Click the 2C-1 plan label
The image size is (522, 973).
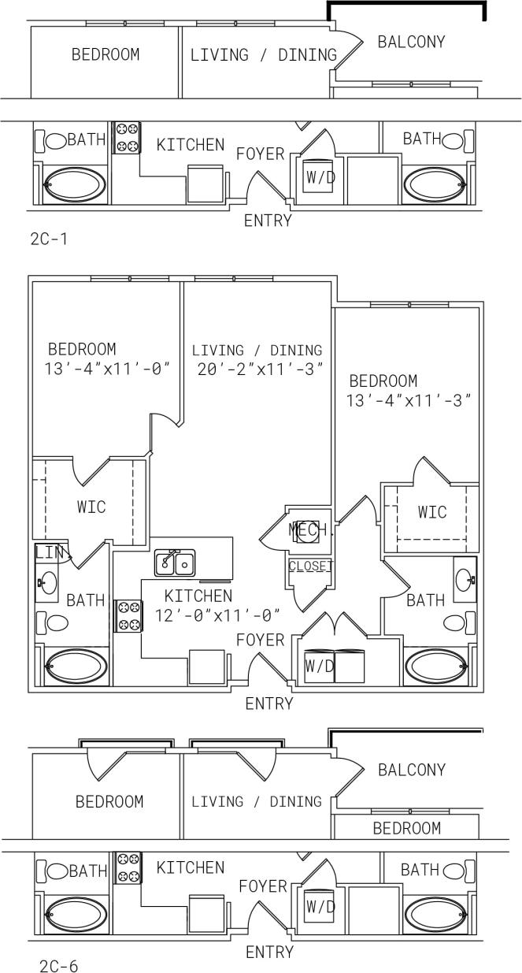[x=49, y=238]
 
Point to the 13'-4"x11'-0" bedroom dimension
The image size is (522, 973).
[x=108, y=368]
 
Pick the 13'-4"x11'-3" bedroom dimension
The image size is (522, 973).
[x=409, y=400]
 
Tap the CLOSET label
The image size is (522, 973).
[x=311, y=566]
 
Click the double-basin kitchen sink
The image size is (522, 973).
[x=175, y=563]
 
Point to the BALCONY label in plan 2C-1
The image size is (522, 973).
[x=411, y=42]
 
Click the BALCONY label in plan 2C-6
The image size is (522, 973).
[x=411, y=770]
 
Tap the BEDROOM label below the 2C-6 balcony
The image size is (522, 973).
[x=406, y=828]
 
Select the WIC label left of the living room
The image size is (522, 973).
[x=91, y=506]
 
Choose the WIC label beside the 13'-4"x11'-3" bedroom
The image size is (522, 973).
[x=431, y=512]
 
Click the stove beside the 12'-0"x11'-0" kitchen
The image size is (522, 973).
[x=128, y=615]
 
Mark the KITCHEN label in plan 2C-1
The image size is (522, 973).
[x=190, y=145]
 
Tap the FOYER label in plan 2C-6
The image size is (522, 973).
[x=263, y=886]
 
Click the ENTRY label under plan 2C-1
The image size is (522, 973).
[x=268, y=221]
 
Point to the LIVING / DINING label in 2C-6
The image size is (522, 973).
[x=257, y=801]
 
